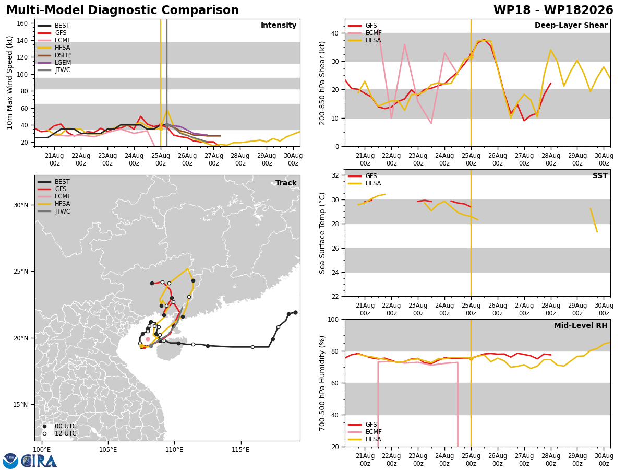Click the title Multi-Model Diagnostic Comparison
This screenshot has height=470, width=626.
tap(123, 10)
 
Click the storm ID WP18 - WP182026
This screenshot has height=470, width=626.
tap(553, 10)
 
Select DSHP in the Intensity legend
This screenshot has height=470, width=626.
tap(63, 55)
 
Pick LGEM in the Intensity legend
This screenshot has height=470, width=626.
tap(63, 63)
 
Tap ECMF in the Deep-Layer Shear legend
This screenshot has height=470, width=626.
tap(374, 33)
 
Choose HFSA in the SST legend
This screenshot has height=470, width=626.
tap(373, 183)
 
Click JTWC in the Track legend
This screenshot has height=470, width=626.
tap(63, 211)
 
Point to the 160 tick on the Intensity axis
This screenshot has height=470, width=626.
tap(22, 23)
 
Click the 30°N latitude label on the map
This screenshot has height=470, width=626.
tap(21, 205)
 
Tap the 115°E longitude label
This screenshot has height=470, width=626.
tap(240, 450)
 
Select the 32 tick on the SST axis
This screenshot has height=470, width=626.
tap(335, 175)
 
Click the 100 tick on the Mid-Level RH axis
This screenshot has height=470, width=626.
tap(333, 319)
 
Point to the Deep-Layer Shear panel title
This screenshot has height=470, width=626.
tap(571, 25)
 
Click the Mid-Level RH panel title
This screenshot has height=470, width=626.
tap(581, 325)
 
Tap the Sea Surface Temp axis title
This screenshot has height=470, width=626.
tap(322, 233)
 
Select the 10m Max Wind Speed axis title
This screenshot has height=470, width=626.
tap(10, 83)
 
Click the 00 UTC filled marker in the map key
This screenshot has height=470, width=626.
tap(44, 426)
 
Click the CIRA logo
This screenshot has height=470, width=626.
tap(39, 461)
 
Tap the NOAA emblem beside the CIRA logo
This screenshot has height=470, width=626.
tap(10, 461)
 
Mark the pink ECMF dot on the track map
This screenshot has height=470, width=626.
tap(148, 339)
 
